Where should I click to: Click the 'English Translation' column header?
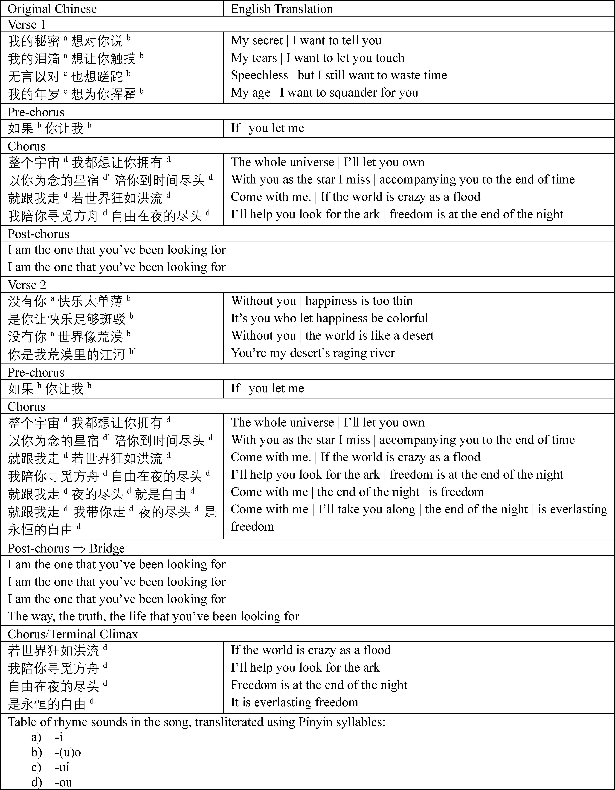pyautogui.click(x=282, y=9)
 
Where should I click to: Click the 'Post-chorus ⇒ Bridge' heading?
pyautogui.click(x=66, y=548)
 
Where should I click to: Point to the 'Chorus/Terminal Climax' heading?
pyautogui.click(x=72, y=634)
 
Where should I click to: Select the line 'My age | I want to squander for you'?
pyautogui.click(x=324, y=93)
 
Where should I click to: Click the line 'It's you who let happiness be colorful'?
pyautogui.click(x=329, y=318)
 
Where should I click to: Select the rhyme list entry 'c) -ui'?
pyautogui.click(x=51, y=767)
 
